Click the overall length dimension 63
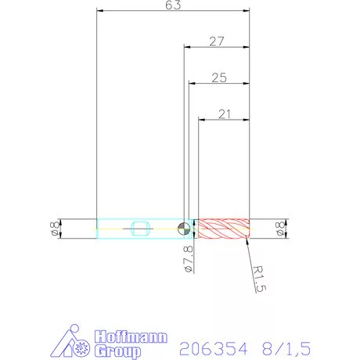(174, 5)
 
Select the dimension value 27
(217, 41)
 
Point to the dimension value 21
(225, 114)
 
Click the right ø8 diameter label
(280, 229)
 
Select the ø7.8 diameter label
(187, 258)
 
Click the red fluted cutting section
(223, 229)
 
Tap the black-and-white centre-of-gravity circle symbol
(183, 229)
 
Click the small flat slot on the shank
(140, 229)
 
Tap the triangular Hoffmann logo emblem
(76, 343)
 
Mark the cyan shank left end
(98, 229)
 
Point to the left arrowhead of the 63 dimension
(99, 11)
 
